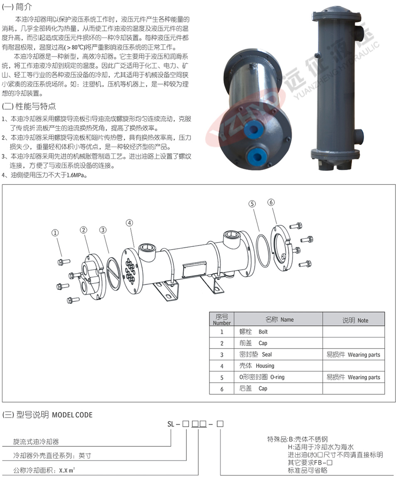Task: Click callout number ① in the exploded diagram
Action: coord(55,233)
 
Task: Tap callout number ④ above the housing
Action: coord(129,223)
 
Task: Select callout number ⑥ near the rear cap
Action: coord(271,202)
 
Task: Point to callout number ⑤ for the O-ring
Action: coord(252,204)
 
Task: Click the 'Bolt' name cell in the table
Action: coord(254,332)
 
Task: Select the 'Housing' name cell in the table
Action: coord(257,366)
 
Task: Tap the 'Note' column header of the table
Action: coord(355,320)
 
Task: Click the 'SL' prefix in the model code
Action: coord(171,424)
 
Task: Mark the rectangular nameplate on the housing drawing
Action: coord(194,270)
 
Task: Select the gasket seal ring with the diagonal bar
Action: coord(114,274)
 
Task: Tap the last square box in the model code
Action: coord(220,424)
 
